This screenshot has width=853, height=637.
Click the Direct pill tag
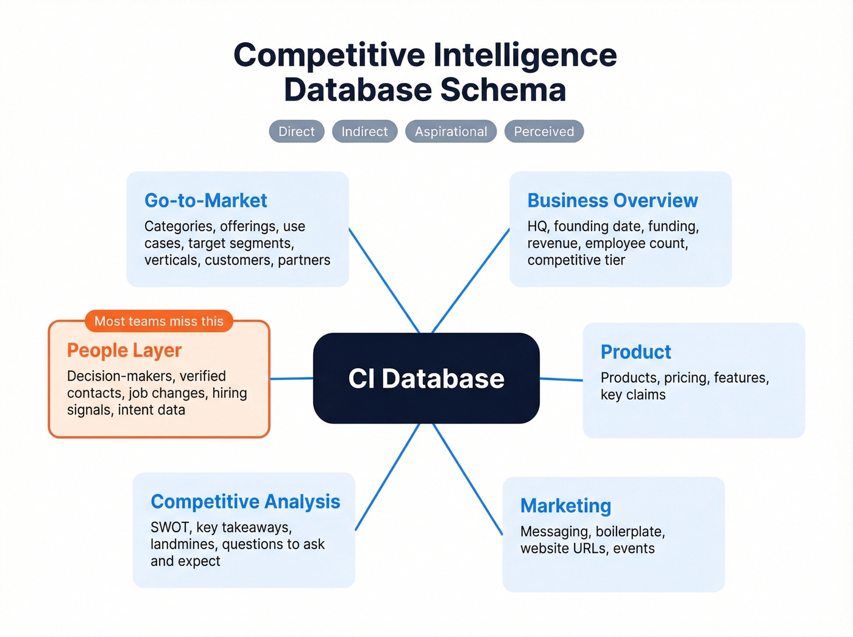(297, 132)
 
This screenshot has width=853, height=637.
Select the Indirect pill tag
(364, 132)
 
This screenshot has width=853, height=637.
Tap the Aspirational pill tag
(451, 132)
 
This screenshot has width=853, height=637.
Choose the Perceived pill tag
(543, 132)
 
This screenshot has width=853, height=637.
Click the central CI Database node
(426, 378)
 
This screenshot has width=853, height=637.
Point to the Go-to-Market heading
(206, 201)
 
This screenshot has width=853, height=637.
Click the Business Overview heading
(612, 201)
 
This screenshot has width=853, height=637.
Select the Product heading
(635, 352)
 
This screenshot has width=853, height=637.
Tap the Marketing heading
(565, 506)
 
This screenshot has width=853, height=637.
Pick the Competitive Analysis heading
(245, 502)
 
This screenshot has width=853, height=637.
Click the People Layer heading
(124, 351)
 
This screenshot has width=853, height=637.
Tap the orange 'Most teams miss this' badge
(159, 321)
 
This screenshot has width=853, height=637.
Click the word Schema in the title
(503, 90)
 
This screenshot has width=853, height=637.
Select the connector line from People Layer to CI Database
(291, 379)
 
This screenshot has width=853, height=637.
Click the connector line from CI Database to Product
(561, 379)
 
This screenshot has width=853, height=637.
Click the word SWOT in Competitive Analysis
(169, 527)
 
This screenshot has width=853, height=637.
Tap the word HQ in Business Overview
(537, 227)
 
